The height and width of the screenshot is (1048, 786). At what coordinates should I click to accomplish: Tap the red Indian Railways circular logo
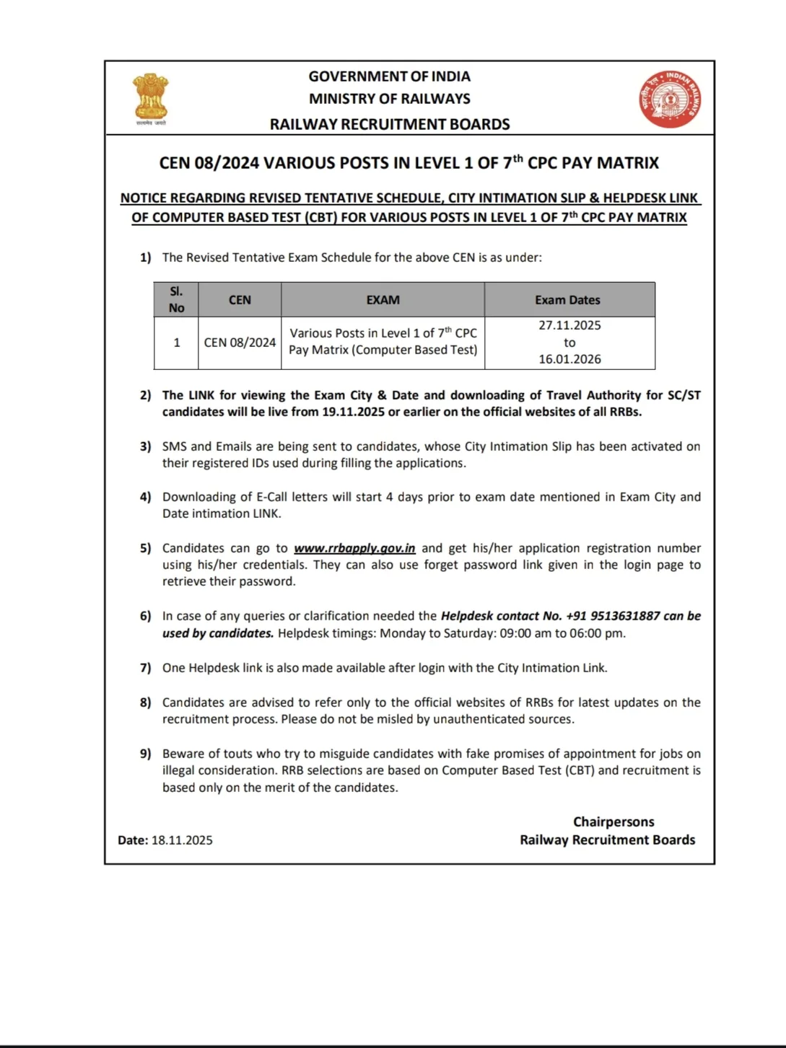pos(670,99)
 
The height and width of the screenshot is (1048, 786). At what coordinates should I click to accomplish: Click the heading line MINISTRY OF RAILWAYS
pos(389,99)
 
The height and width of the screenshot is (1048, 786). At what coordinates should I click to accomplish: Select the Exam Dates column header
pos(567,300)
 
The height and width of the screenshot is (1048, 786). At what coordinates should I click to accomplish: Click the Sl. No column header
pos(176,299)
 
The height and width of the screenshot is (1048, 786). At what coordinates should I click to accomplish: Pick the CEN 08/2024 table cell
pos(240,343)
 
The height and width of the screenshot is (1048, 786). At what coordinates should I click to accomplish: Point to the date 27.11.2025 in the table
pos(569,325)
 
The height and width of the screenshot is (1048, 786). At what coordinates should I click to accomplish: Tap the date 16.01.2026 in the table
pos(569,359)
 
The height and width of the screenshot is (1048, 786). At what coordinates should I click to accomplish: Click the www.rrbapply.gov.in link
pos(354,548)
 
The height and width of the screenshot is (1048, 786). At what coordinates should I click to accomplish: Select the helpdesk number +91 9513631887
pos(613,616)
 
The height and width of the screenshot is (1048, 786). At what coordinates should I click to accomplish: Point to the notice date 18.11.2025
pos(182,840)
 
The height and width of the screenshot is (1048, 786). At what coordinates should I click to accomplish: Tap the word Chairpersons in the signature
pos(613,822)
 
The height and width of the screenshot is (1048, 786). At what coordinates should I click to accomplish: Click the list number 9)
pos(146,754)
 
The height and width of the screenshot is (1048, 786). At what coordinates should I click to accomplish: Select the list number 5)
pos(146,548)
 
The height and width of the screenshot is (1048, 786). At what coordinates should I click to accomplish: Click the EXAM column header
pos(383,300)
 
